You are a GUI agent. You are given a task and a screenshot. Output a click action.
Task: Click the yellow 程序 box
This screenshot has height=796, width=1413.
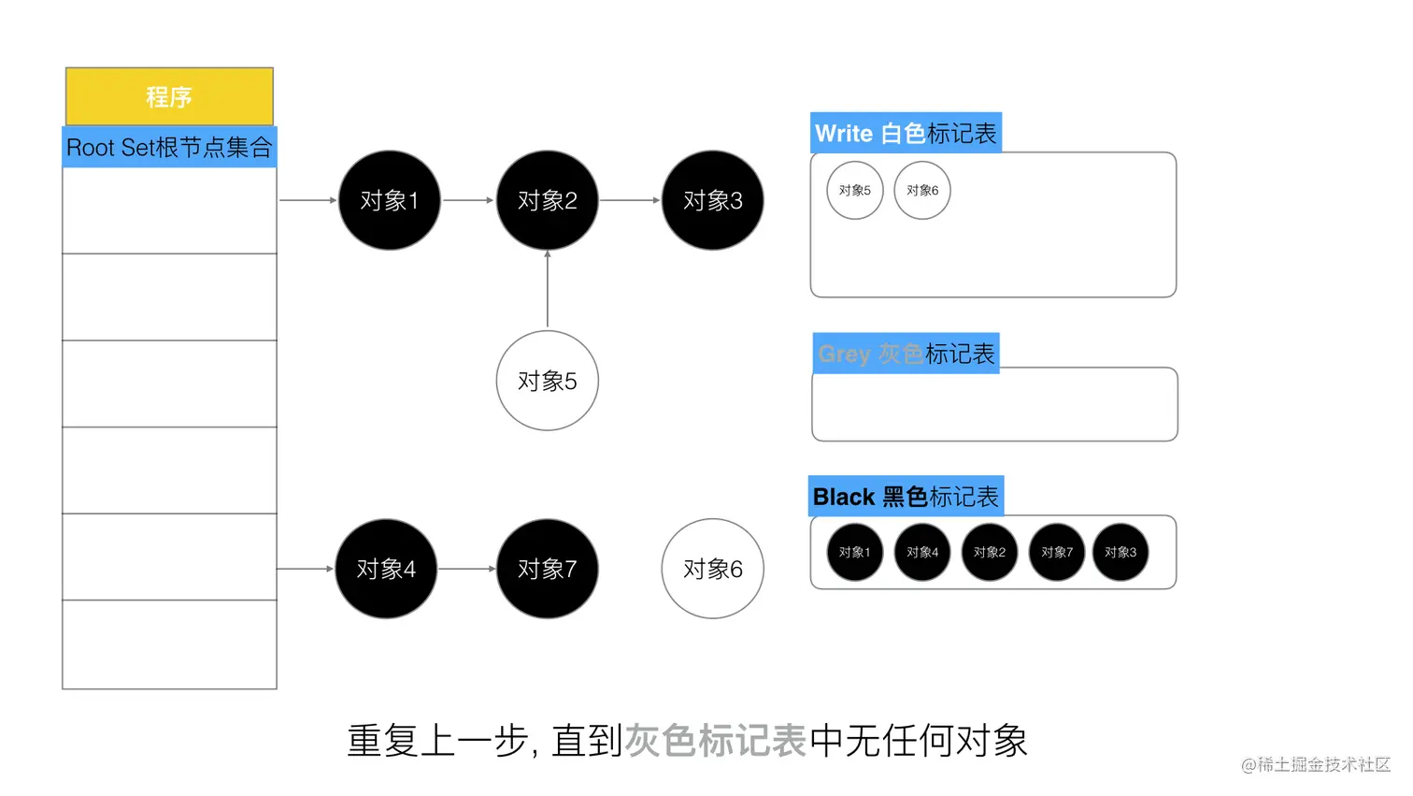pos(169,96)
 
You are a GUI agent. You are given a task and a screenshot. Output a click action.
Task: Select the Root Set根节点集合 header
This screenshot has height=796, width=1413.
pos(169,148)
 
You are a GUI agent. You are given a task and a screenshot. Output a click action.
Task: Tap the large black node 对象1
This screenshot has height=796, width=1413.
pos(389,200)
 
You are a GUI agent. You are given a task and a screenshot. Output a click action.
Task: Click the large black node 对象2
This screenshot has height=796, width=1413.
pos(547,200)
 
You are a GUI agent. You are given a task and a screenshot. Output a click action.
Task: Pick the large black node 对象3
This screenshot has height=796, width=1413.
pos(712,200)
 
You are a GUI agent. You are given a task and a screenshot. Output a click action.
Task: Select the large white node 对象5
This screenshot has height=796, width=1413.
pos(547,381)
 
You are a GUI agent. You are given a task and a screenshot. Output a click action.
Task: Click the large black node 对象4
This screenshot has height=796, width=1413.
pos(386,569)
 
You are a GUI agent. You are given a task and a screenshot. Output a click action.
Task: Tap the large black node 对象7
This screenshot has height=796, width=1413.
pos(547,569)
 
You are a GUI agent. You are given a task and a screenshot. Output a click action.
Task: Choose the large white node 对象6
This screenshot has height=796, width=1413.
pos(712,569)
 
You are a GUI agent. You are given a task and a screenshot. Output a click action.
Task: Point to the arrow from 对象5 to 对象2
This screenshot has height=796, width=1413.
pos(548,290)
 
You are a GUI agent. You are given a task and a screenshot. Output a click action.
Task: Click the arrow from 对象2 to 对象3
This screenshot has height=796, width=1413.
pos(629,200)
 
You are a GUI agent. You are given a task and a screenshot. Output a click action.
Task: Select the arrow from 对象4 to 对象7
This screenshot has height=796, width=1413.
pos(466,569)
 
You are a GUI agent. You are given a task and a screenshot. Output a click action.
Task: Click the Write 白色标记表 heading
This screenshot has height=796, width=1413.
pos(906,134)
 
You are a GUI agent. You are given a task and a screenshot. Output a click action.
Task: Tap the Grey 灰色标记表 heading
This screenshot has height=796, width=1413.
pos(906,354)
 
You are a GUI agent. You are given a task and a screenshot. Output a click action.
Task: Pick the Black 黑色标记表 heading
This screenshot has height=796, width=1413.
pos(906,497)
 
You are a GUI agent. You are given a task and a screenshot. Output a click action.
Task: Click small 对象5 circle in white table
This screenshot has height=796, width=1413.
pos(854,191)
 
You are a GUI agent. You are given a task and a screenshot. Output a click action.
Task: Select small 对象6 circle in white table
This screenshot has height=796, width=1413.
pos(922,191)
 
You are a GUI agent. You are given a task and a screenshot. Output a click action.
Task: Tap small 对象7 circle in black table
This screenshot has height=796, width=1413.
pos(1057,553)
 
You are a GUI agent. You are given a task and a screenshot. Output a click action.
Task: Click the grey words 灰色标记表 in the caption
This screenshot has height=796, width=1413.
pos(715,741)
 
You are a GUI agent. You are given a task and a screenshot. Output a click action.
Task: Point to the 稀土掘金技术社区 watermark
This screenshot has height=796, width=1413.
pos(1316,765)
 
